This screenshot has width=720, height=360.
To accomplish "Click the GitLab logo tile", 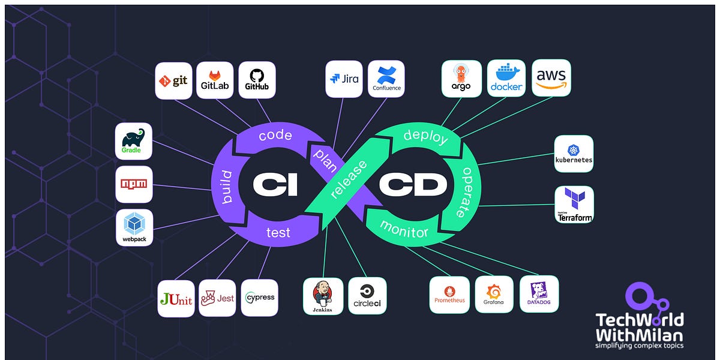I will (x=214, y=80).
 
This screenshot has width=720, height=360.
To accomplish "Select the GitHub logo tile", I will (x=257, y=80).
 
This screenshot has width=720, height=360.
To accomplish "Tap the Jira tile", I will (x=344, y=79).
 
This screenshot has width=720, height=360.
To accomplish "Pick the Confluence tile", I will (x=386, y=79).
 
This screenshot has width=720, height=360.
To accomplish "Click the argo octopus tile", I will (x=461, y=79).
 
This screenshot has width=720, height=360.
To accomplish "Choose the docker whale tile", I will (x=506, y=79).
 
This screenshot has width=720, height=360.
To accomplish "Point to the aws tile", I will (x=551, y=78).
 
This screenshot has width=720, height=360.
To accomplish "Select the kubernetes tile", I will (x=574, y=154).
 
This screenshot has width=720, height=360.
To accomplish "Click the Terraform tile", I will (x=574, y=205).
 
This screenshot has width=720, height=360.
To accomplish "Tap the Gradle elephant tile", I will (x=133, y=141).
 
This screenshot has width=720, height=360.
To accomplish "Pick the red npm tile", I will (x=134, y=184).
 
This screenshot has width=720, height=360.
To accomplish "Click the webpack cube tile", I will (x=134, y=227).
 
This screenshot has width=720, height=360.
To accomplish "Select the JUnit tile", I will (x=176, y=298).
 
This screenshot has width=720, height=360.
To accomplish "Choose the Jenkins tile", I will (x=323, y=296).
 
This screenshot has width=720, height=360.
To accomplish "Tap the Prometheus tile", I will (x=449, y=295).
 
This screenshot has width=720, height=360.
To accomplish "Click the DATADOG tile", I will (x=539, y=294).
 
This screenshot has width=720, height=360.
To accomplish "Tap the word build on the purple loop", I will (x=226, y=186).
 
